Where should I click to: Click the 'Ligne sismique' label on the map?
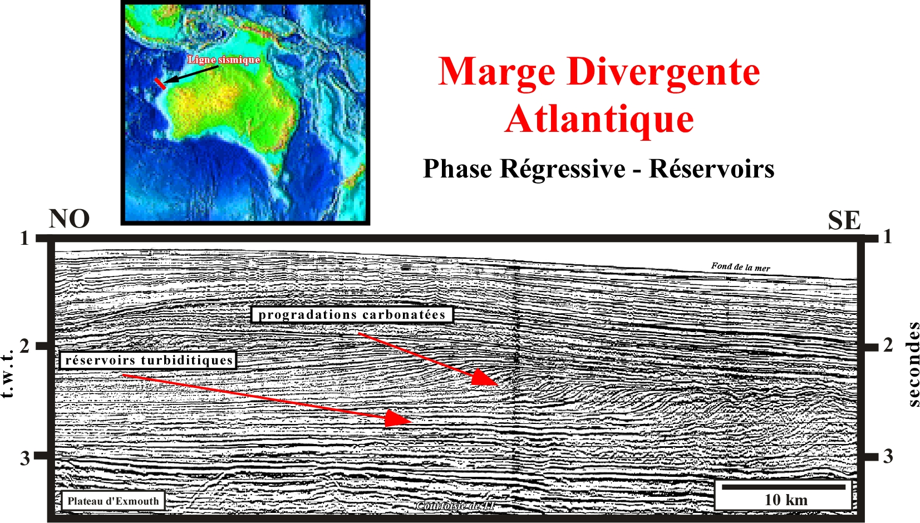click(x=224, y=60)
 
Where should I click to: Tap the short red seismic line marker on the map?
click(x=160, y=83)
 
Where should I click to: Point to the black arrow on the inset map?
click(x=191, y=74)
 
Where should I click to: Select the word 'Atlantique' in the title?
click(x=599, y=119)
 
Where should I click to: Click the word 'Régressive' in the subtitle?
click(x=562, y=169)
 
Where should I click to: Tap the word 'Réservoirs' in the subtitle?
click(x=711, y=169)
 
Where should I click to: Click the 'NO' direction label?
click(x=69, y=219)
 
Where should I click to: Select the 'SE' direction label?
click(x=844, y=220)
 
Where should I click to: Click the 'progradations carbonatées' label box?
click(x=352, y=315)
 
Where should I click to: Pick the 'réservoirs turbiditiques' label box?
click(x=148, y=361)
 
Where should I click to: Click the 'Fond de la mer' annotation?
click(x=741, y=267)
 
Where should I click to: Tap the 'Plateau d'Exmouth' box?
click(x=113, y=501)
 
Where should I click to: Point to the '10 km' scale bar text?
click(x=786, y=500)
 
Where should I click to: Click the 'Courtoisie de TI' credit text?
click(x=455, y=506)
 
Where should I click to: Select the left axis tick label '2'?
click(x=24, y=346)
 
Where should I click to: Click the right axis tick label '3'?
click(x=888, y=456)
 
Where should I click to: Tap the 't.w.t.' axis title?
click(x=7, y=373)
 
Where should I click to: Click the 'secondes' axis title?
click(x=913, y=364)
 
